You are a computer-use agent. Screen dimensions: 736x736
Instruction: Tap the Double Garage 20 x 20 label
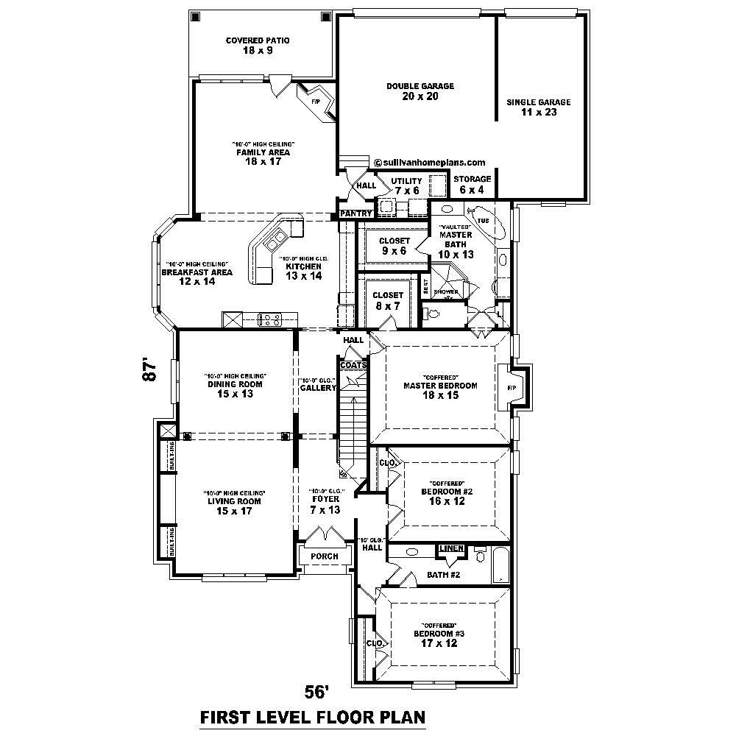[420, 91]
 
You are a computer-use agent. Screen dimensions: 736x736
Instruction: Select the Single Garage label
[538, 107]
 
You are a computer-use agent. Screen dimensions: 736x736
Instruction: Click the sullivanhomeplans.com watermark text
[430, 163]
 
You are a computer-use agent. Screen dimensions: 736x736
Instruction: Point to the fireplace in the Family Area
[318, 102]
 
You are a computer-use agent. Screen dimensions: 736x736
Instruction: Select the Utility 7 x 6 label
[406, 185]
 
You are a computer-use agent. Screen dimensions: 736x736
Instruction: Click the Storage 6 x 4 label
[472, 184]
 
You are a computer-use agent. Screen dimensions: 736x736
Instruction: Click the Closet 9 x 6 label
[394, 246]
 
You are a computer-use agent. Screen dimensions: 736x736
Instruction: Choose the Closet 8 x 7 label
[388, 300]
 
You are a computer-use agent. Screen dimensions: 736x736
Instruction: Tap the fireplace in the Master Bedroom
[512, 388]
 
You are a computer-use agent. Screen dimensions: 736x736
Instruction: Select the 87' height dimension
[150, 369]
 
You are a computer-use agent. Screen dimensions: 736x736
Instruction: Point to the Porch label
[325, 556]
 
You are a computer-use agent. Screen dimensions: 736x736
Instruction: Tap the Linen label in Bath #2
[450, 549]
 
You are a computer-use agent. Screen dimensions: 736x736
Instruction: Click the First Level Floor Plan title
[313, 717]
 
